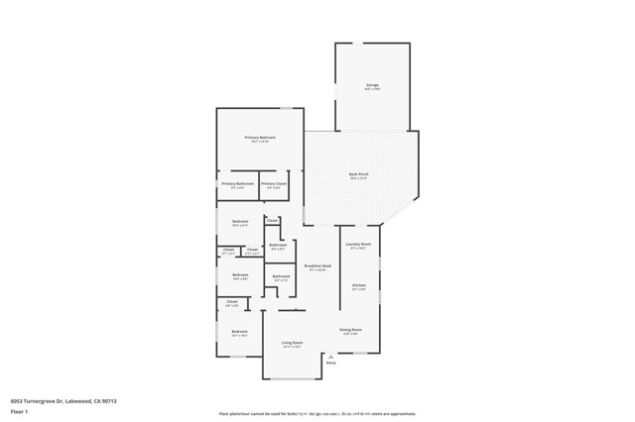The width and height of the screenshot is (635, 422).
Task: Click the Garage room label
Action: pyautogui.click(x=372, y=85)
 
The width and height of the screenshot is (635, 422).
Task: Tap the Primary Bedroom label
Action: pyautogui.click(x=260, y=137)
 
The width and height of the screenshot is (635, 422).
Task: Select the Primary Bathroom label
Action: pyautogui.click(x=238, y=183)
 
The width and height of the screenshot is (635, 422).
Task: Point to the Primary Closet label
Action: pyautogui.click(x=274, y=183)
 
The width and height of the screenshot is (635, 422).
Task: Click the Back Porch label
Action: pyautogui.click(x=358, y=174)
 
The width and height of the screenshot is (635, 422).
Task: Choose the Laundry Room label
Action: pyautogui.click(x=358, y=244)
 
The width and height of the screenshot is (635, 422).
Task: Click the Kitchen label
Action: pyautogui.click(x=359, y=285)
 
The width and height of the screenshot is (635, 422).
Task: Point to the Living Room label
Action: pyautogui.click(x=292, y=343)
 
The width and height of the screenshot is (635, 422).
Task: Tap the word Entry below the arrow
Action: pyautogui.click(x=331, y=363)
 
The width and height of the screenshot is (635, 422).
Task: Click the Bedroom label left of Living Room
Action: pyautogui.click(x=240, y=331)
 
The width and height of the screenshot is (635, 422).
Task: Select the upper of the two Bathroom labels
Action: pyautogui.click(x=279, y=245)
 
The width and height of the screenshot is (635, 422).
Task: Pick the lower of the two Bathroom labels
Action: pyautogui.click(x=281, y=276)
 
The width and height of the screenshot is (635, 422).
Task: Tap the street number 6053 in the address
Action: pyautogui.click(x=17, y=399)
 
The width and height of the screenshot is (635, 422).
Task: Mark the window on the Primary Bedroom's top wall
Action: pyautogui.click(x=285, y=108)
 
